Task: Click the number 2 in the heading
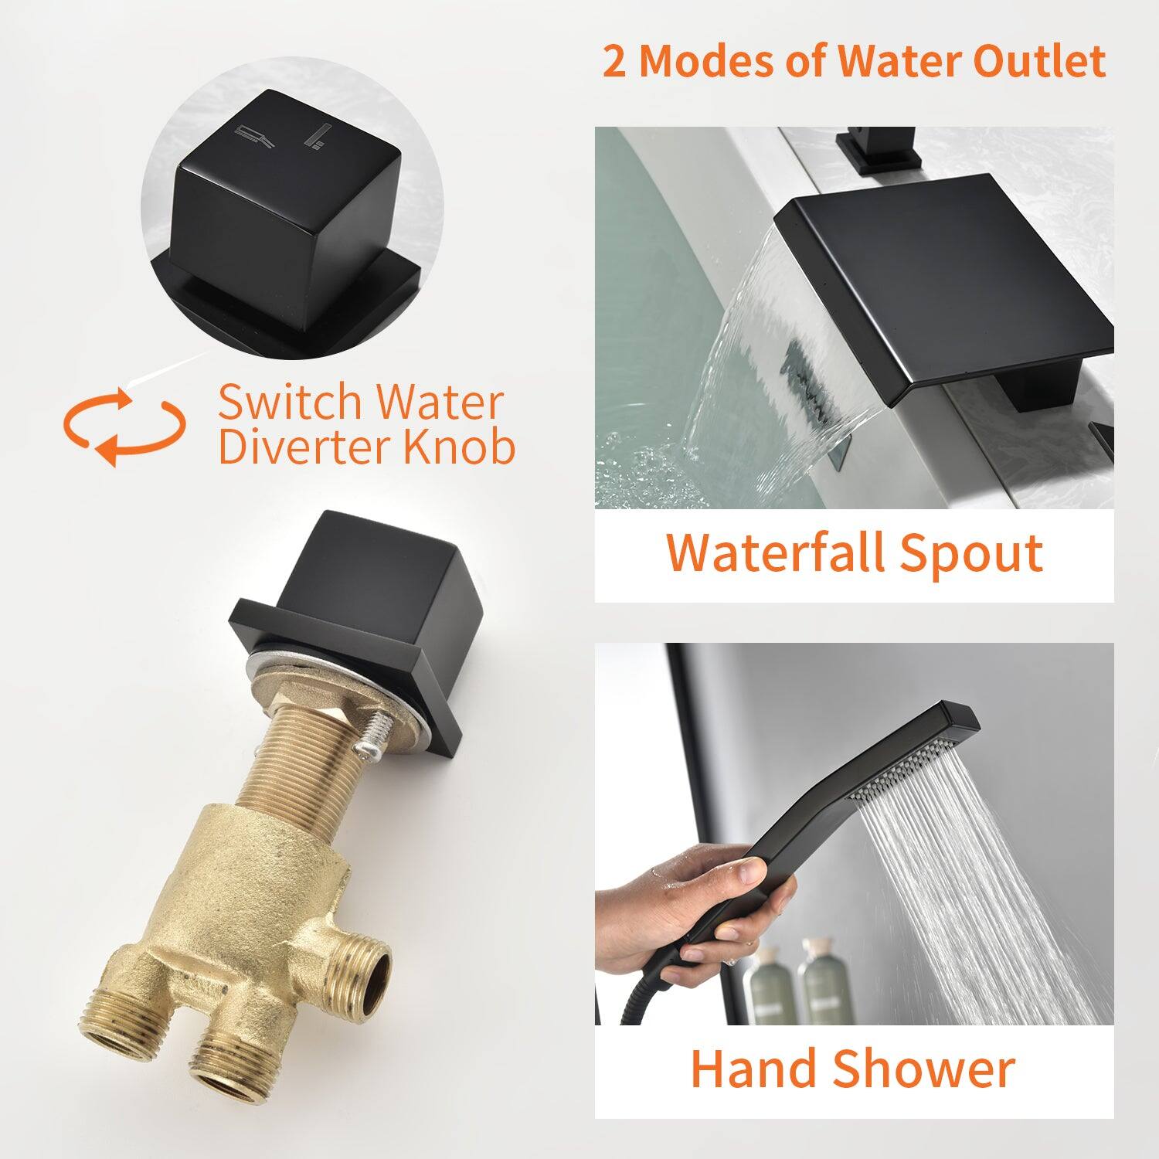click(x=614, y=62)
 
